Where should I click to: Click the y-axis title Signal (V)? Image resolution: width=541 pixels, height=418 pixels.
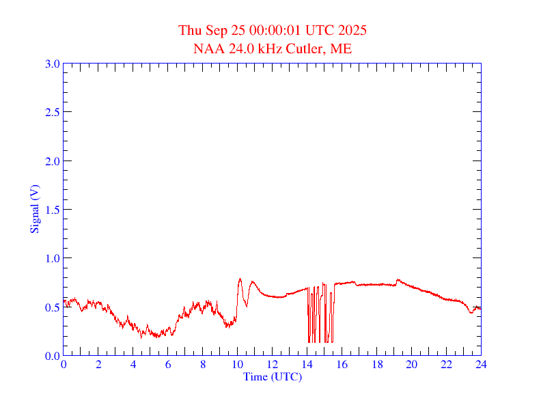tap(33, 209)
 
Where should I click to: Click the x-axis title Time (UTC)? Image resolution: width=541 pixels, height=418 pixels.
tap(272, 376)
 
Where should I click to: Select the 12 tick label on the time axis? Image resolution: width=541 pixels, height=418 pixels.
tap(273, 365)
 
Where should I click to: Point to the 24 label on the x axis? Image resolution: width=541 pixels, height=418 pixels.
tap(481, 365)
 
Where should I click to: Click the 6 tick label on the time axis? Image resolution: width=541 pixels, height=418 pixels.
tap(168, 365)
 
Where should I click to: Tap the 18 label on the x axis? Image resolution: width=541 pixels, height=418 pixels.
tap(376, 365)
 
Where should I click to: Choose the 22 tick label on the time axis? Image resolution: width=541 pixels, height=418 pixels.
tap(446, 365)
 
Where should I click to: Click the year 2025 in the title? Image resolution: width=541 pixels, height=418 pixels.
tap(352, 31)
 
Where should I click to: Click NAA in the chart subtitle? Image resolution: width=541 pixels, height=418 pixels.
tap(206, 48)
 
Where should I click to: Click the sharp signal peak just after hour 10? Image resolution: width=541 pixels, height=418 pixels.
tap(240, 279)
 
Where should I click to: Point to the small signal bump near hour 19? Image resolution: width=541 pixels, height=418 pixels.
tap(398, 280)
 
